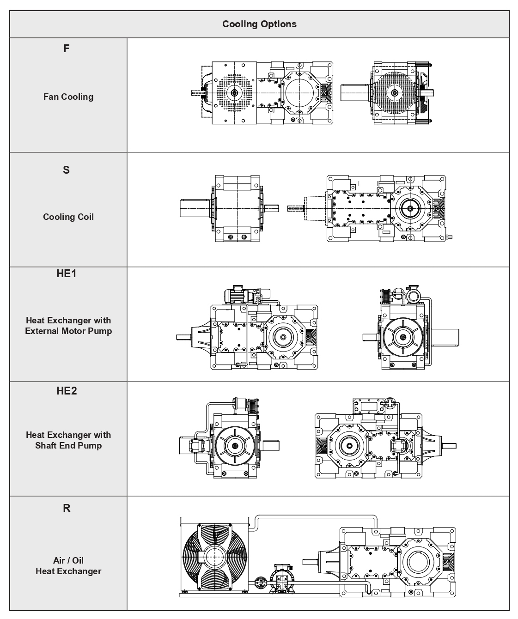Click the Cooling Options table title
point(259,24)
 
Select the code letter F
point(67,49)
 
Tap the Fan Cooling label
point(68,97)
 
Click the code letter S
point(67,170)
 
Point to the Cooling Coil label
point(68,217)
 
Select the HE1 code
point(67,274)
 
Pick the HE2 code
point(67,391)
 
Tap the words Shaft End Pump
point(68,446)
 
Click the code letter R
point(67,509)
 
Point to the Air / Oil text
point(68,560)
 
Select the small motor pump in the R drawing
point(280,577)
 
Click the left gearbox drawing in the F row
point(263,93)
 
